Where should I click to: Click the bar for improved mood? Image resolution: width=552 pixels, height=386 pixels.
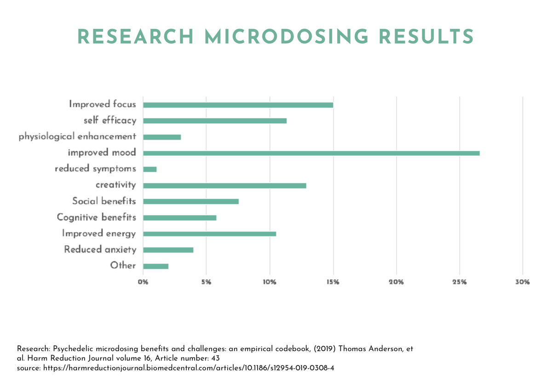(311, 153)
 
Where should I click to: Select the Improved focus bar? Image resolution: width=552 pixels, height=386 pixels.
(238, 105)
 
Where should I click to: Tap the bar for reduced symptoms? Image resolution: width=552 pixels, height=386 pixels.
(150, 169)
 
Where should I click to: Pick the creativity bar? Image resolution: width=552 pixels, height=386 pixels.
(224, 185)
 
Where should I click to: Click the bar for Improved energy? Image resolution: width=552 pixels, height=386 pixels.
(209, 234)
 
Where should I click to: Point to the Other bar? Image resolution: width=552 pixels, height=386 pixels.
(156, 266)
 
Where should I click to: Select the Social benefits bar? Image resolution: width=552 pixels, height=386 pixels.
(191, 202)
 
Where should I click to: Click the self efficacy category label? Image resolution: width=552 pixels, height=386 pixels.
(110, 121)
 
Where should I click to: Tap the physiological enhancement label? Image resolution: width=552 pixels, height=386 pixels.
(77, 137)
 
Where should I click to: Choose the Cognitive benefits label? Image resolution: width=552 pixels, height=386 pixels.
(96, 217)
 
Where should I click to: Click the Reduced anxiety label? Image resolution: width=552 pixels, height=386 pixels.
(100, 250)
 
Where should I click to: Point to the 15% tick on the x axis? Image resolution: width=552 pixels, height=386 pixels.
(333, 282)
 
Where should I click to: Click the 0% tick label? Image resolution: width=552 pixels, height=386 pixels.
(143, 282)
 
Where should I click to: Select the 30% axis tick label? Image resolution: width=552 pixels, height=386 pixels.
(523, 282)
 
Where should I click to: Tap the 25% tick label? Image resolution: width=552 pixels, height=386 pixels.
(460, 282)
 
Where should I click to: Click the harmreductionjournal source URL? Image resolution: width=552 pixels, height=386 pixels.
(198, 369)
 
